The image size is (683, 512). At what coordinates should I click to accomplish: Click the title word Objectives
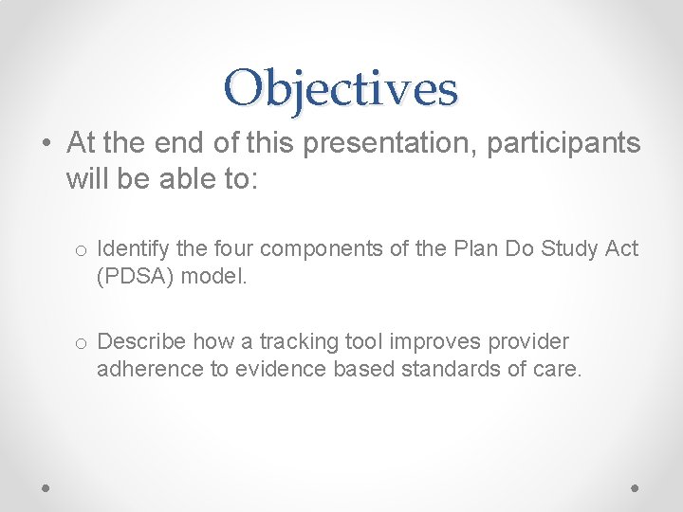click(x=341, y=88)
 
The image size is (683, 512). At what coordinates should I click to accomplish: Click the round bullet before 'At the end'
click(x=46, y=144)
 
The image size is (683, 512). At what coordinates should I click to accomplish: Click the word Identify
click(x=130, y=248)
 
